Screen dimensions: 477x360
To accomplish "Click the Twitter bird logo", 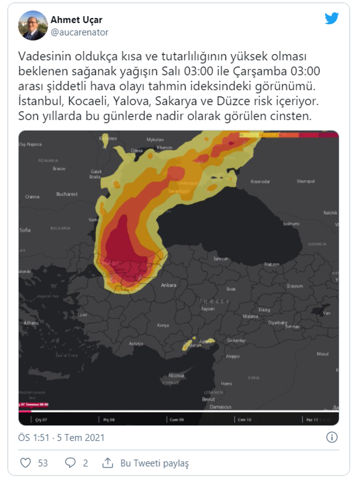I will point(331,19).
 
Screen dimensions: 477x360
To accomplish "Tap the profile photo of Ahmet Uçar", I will point(33,25).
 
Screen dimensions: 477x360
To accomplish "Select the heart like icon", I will point(26,463).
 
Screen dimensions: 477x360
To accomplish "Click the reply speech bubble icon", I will point(70,463).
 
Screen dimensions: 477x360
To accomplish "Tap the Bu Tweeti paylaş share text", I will point(154,463).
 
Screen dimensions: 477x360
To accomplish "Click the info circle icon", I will point(331,437).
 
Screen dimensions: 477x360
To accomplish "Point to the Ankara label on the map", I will point(168,285).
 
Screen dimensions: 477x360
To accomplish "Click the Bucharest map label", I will point(67,194).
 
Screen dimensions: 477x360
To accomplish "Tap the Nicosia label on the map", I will point(176,376).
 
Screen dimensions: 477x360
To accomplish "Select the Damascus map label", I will point(220,407).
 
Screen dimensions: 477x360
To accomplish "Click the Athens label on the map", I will point(31,323).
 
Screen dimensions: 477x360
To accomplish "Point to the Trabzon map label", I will point(271,264).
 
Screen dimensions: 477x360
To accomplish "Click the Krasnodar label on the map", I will point(260,181).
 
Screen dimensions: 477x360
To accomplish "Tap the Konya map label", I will point(163,325).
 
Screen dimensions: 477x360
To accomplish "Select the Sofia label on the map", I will point(25,230).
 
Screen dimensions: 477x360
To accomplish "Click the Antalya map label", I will point(136,344).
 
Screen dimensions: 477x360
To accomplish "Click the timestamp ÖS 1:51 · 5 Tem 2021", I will point(61,438).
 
